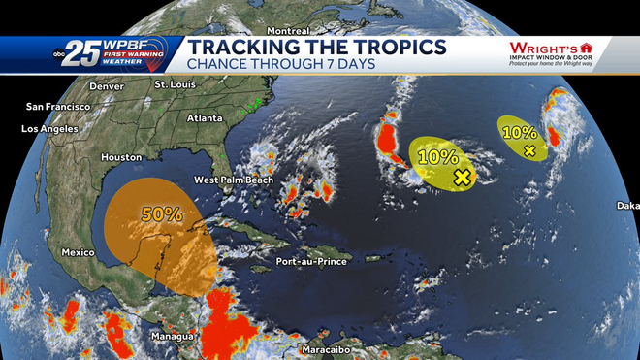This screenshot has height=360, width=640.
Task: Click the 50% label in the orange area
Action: pyautogui.click(x=162, y=215)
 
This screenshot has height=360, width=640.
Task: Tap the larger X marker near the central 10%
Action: pyautogui.click(x=462, y=177)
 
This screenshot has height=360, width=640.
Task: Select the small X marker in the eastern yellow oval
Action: pyautogui.click(x=528, y=150)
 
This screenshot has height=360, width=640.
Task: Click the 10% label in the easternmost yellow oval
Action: pyautogui.click(x=520, y=132)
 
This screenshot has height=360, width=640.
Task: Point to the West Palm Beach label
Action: pyautogui.click(x=234, y=180)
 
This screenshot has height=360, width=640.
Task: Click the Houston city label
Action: pyautogui.click(x=120, y=157)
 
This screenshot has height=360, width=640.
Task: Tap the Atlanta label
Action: pyautogui.click(x=205, y=118)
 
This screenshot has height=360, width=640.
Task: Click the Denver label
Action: pyautogui.click(x=107, y=86)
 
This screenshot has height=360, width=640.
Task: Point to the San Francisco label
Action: pyautogui.click(x=58, y=106)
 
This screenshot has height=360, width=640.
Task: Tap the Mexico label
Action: pyautogui.click(x=78, y=252)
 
